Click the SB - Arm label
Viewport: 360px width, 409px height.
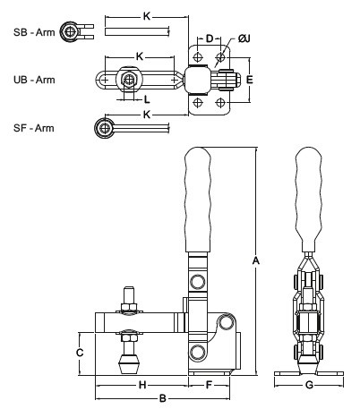point(34,32)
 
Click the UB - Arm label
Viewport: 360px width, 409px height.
point(34,80)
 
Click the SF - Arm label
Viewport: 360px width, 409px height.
point(34,128)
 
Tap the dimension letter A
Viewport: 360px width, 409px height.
point(256,260)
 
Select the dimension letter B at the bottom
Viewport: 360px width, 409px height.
point(163,398)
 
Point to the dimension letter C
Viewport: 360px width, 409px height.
point(80,353)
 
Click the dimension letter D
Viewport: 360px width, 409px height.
point(210,38)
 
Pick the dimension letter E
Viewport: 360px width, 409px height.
point(250,80)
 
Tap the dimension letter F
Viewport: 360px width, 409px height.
point(209,385)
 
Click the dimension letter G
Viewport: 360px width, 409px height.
point(309,385)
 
